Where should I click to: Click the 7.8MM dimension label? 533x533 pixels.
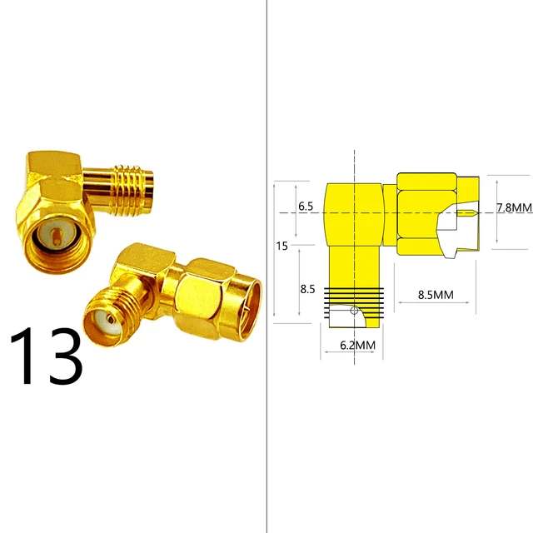tap(514, 207)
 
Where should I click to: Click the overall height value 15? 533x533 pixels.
tap(283, 246)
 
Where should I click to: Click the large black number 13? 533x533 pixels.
tap(47, 357)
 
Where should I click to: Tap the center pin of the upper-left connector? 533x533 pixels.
tap(53, 237)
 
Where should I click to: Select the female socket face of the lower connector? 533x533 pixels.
tap(107, 317)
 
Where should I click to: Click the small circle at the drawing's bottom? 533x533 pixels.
tap(356, 311)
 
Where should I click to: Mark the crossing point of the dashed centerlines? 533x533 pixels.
tap(356, 213)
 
